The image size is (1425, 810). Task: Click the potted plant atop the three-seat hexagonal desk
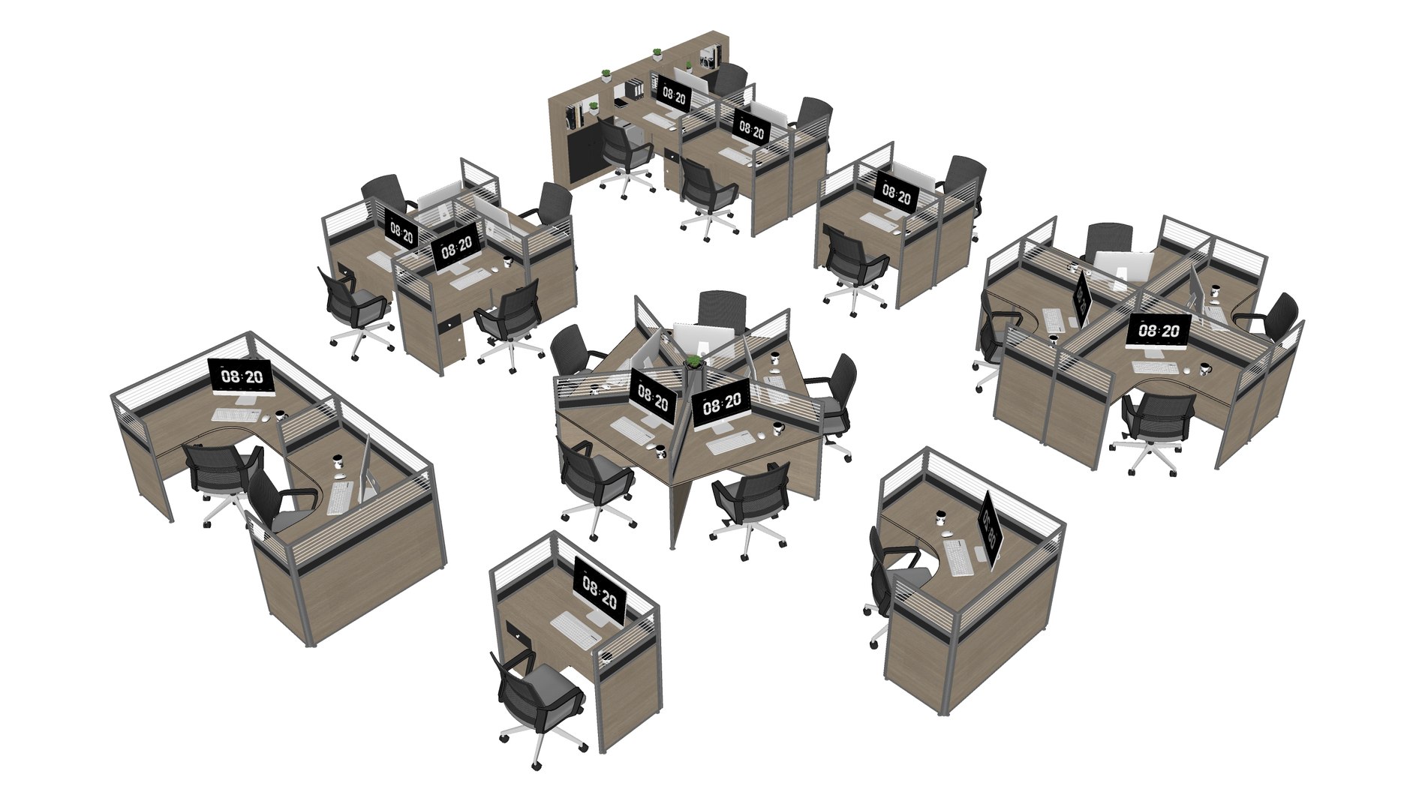[x=694, y=362]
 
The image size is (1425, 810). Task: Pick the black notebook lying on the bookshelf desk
[x=620, y=102]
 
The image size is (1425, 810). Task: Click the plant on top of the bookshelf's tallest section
[x=657, y=54]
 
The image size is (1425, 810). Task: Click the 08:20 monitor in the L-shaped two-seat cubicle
[x=242, y=376]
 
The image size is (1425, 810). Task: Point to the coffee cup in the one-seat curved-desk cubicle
[x=939, y=516]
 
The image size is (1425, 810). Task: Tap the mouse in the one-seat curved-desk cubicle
[x=948, y=533]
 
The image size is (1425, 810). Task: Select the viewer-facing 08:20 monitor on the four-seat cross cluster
[x=1158, y=331]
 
